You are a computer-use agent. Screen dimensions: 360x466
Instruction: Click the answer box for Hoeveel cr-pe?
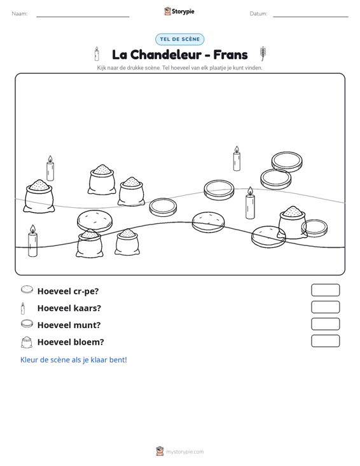point(325,290)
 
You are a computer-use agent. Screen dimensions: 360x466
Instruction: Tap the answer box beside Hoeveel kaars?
point(325,307)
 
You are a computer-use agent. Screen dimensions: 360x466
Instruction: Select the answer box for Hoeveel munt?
point(325,324)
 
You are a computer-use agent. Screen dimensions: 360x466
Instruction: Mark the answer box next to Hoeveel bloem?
point(325,341)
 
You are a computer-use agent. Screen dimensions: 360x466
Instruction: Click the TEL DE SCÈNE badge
point(179,39)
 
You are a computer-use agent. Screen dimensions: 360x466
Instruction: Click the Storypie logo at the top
point(179,11)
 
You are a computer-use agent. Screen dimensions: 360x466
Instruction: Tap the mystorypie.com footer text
point(184,452)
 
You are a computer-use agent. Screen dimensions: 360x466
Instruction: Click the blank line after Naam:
point(83,17)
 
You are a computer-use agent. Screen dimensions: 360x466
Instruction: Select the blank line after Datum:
point(310,17)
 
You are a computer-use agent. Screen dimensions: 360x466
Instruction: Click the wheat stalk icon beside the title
point(263,53)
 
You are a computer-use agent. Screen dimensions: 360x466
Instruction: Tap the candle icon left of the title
point(97,54)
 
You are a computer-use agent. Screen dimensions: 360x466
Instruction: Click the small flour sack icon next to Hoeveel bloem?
point(27,342)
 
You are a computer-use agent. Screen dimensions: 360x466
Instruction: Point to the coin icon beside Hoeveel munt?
point(27,324)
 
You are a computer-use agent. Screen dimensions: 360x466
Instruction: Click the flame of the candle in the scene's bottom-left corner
point(32,229)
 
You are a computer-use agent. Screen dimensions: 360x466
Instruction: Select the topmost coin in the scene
point(287,161)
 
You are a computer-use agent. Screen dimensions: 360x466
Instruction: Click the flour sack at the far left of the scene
point(39,196)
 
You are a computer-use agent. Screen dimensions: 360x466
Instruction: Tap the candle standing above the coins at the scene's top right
point(237,158)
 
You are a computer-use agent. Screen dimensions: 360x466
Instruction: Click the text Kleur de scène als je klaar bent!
point(73,360)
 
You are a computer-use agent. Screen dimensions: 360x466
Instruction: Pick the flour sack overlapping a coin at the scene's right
point(292,223)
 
